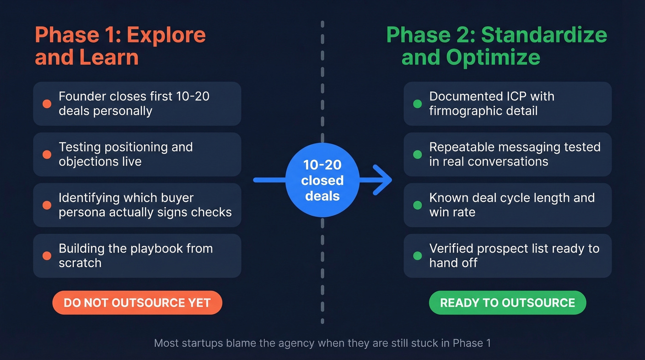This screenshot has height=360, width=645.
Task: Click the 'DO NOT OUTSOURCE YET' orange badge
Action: (137, 303)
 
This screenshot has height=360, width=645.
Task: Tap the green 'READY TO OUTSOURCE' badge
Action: (507, 303)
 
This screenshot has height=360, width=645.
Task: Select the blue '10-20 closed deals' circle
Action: (322, 180)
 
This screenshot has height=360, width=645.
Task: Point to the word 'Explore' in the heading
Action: (166, 35)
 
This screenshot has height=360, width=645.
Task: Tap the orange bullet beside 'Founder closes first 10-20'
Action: (47, 104)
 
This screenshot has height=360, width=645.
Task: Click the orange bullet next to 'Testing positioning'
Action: (47, 154)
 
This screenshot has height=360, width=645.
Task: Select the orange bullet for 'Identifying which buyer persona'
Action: (47, 205)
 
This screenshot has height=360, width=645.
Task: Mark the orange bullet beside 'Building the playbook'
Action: (47, 256)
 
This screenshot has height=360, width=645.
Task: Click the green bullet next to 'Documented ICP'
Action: (417, 104)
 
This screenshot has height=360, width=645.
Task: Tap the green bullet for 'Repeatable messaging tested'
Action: (417, 154)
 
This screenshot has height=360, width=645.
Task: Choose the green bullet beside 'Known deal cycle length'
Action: (417, 205)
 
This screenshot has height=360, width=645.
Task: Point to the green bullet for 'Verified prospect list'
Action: (417, 256)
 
